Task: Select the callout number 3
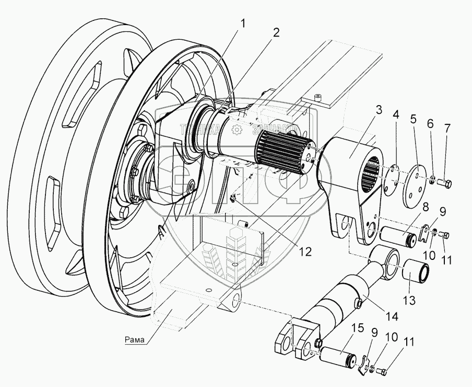pos(379,110)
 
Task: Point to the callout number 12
pos(305,252)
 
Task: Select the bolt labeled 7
pos(446,183)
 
